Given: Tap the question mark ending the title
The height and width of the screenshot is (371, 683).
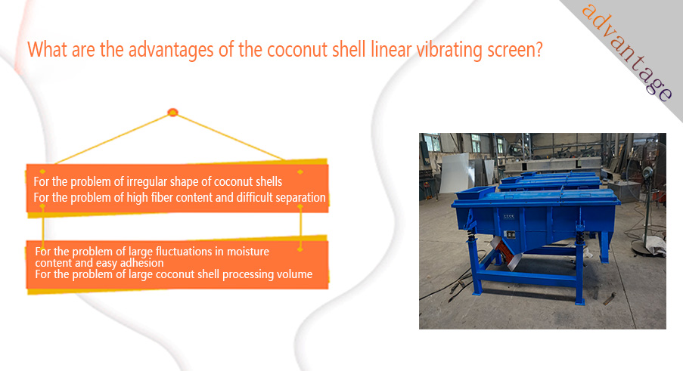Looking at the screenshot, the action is click(539, 49).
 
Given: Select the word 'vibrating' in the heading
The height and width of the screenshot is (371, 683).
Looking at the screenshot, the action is click(449, 50).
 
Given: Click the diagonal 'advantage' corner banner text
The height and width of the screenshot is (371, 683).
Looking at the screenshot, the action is click(627, 52).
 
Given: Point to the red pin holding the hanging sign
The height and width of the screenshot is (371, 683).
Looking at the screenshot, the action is click(173, 113).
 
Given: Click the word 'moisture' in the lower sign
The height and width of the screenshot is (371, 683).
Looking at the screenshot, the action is click(248, 252).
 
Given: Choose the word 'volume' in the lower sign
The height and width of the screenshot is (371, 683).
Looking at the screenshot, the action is click(296, 274).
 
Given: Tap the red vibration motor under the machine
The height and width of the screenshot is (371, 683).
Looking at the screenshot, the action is click(507, 255).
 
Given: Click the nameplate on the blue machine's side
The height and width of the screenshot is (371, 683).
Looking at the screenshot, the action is click(511, 235).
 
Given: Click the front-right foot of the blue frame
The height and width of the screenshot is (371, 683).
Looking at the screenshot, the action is click(580, 301).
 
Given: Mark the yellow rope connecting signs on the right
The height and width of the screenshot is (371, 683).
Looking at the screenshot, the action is click(300, 227).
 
